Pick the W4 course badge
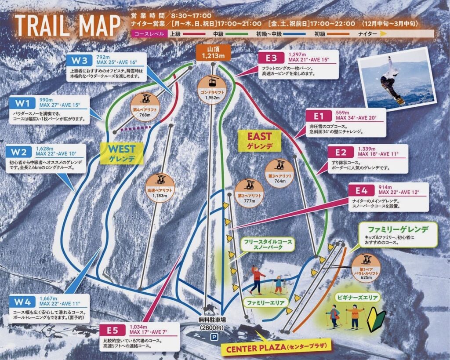pos(22,302)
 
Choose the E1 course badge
pos(319,116)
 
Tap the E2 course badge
pos(341,152)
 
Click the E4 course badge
pos(362,191)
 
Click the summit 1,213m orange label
pos(213,52)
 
